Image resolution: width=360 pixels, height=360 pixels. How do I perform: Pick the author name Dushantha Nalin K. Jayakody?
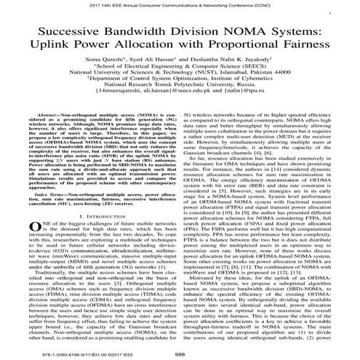coord(235,68)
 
